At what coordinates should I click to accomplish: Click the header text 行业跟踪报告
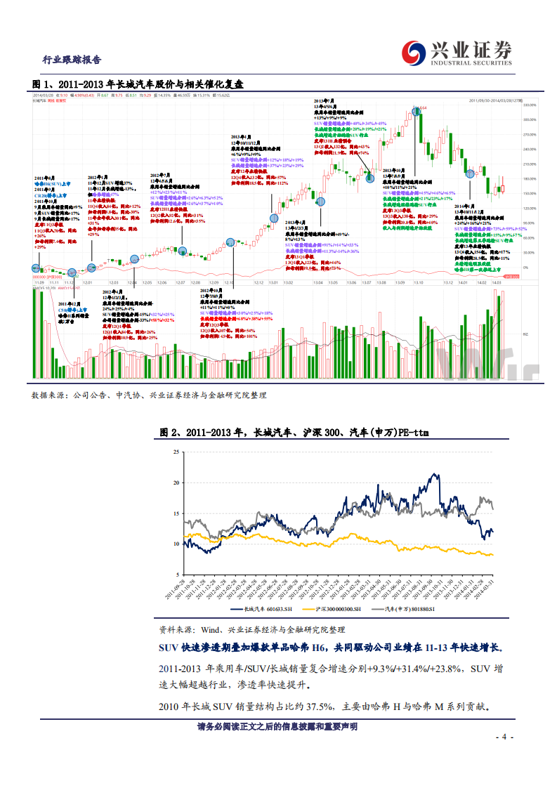[72, 60]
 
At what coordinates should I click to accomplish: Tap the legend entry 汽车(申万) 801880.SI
[417, 610]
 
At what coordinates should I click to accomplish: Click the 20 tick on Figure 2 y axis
[176, 482]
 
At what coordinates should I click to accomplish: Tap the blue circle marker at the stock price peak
[417, 110]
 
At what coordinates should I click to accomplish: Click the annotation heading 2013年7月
[324, 101]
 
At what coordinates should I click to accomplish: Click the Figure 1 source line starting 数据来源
[149, 395]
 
